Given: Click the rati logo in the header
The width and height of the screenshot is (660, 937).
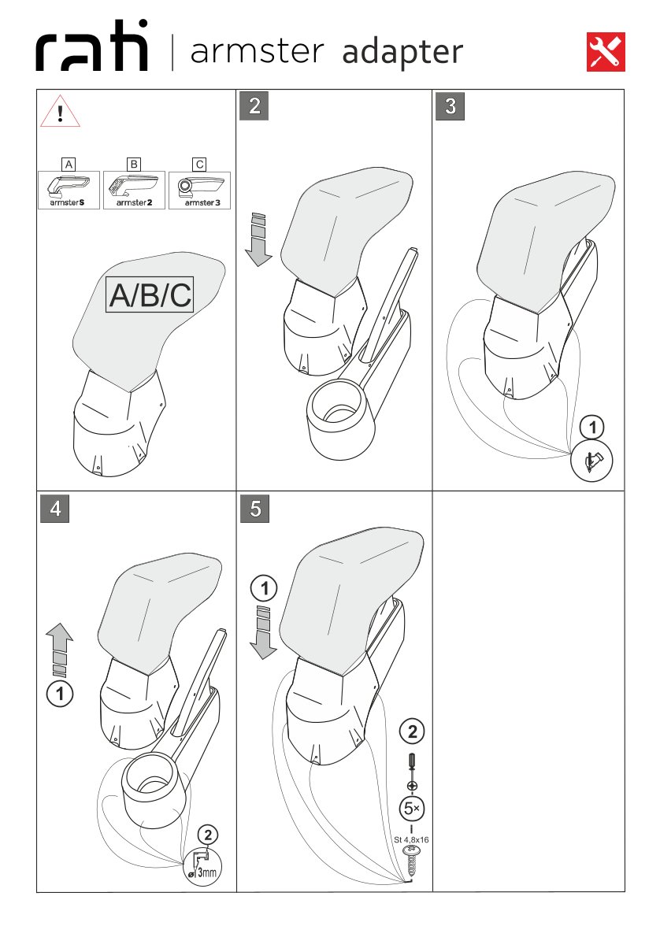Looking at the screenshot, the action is coord(91,46).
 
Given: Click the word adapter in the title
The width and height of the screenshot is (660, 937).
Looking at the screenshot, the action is coord(402,52).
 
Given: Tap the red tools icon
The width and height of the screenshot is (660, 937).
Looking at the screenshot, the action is coord(606,52).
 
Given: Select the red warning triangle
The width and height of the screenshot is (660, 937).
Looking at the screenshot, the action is coord(60,111).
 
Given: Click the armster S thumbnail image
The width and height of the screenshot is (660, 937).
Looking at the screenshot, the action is coord(69,190).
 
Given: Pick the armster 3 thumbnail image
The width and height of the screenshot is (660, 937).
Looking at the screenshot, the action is coord(200,190).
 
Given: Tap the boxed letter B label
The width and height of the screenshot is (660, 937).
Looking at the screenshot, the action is coord(134,164).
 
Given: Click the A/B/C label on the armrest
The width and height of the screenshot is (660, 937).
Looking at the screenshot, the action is coord(150,294).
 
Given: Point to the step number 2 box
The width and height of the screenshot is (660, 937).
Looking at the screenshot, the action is coord(254,106).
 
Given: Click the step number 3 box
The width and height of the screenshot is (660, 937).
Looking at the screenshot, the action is coord(451,106).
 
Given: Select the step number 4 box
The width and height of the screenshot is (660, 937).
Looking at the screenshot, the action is coord(55,509).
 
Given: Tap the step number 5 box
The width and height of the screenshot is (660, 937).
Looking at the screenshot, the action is coord(254,509).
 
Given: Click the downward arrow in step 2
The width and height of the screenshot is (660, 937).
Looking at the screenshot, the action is coord(258,239).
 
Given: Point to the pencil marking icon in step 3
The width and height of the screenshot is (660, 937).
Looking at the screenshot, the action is coord(591,461).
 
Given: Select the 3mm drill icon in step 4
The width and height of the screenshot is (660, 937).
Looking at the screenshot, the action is coord(202,866).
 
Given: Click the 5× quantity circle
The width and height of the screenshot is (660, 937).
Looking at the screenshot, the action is coord(412,809).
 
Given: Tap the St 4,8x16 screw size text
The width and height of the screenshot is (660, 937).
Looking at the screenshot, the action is coord(411,839).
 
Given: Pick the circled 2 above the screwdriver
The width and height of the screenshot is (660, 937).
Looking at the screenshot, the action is coord(412,731).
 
